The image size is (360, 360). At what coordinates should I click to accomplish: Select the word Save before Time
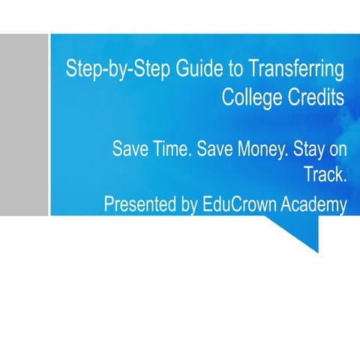(x=130, y=148)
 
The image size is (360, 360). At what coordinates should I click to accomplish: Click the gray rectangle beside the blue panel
(x=22, y=124)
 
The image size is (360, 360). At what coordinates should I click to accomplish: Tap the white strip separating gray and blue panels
(x=49, y=124)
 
